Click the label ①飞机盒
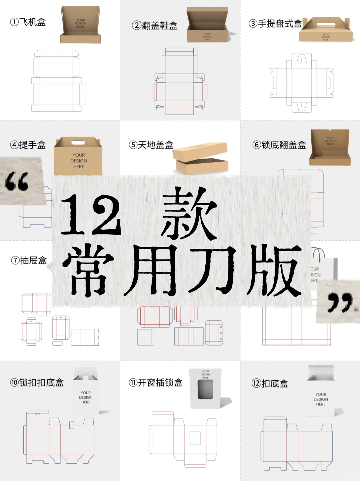pyautogui.click(x=28, y=22)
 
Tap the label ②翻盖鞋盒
pyautogui.click(x=155, y=26)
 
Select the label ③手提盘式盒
pyautogui.click(x=275, y=24)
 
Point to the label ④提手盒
pyautogui.click(x=28, y=145)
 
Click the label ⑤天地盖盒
pyautogui.click(x=151, y=145)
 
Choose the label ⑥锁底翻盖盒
pyautogui.click(x=279, y=145)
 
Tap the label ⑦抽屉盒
pyautogui.click(x=29, y=260)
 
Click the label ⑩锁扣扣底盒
pyautogui.click(x=37, y=383)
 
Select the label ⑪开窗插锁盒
pyautogui.click(x=156, y=383)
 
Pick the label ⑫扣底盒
pyautogui.click(x=270, y=384)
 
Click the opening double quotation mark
pyautogui.click(x=17, y=182)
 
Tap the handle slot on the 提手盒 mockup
pyautogui.click(x=78, y=143)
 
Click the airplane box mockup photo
pyautogui.click(x=80, y=25)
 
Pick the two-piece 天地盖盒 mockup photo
pyautogui.click(x=201, y=158)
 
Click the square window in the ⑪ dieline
pyautogui.click(x=195, y=438)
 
